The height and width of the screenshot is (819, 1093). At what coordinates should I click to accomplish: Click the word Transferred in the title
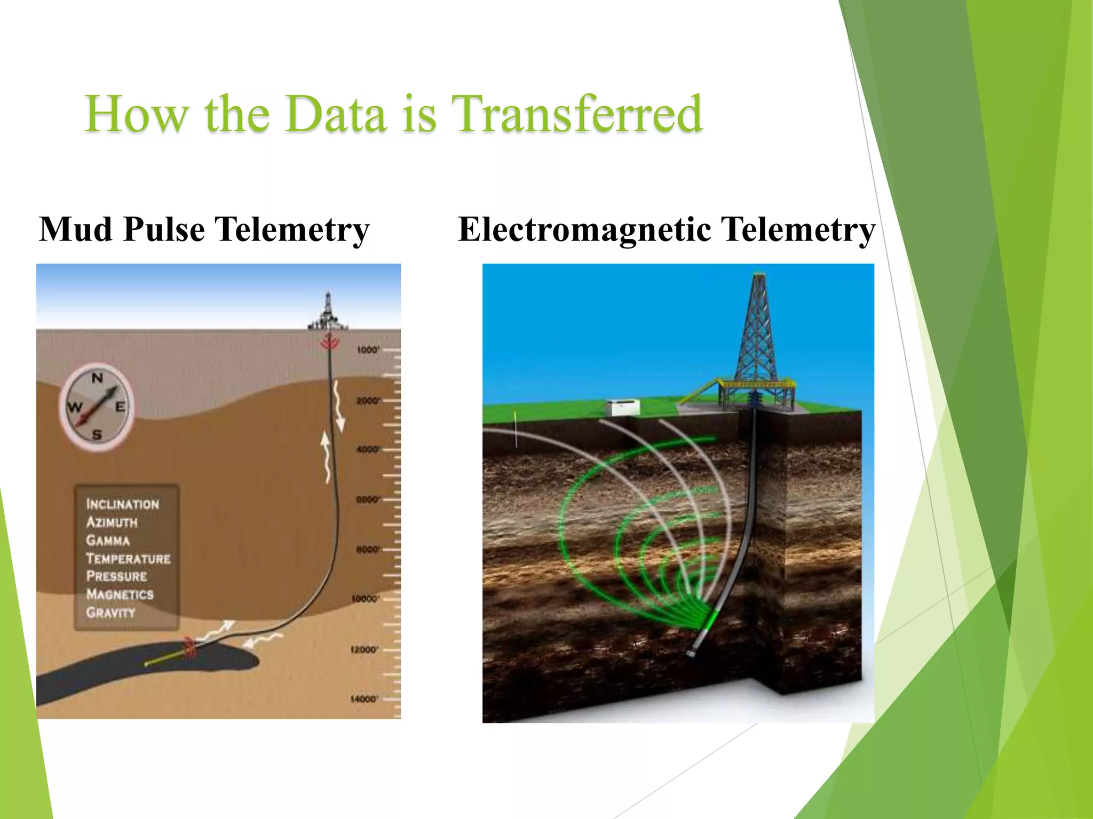[576, 114]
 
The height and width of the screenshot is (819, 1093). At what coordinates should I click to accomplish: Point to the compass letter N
[97, 379]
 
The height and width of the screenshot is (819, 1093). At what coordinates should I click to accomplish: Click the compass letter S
[97, 435]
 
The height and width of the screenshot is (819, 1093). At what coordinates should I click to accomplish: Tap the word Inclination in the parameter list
[122, 504]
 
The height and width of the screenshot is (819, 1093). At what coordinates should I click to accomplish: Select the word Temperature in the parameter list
[128, 559]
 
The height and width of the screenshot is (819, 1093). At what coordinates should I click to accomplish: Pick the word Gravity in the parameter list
[110, 613]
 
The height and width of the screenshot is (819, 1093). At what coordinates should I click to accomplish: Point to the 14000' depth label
[364, 698]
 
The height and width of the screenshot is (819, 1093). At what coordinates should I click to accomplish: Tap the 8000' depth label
[368, 549]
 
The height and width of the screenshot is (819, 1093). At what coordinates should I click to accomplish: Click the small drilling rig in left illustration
[328, 313]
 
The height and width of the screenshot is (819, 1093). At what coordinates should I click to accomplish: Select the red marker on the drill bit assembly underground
[189, 647]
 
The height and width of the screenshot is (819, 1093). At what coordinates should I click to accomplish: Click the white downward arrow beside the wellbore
[338, 408]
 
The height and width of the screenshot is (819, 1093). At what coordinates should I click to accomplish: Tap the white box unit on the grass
[622, 408]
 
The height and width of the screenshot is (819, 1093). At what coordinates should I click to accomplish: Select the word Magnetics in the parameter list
[120, 595]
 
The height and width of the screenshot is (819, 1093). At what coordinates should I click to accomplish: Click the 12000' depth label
[364, 649]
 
